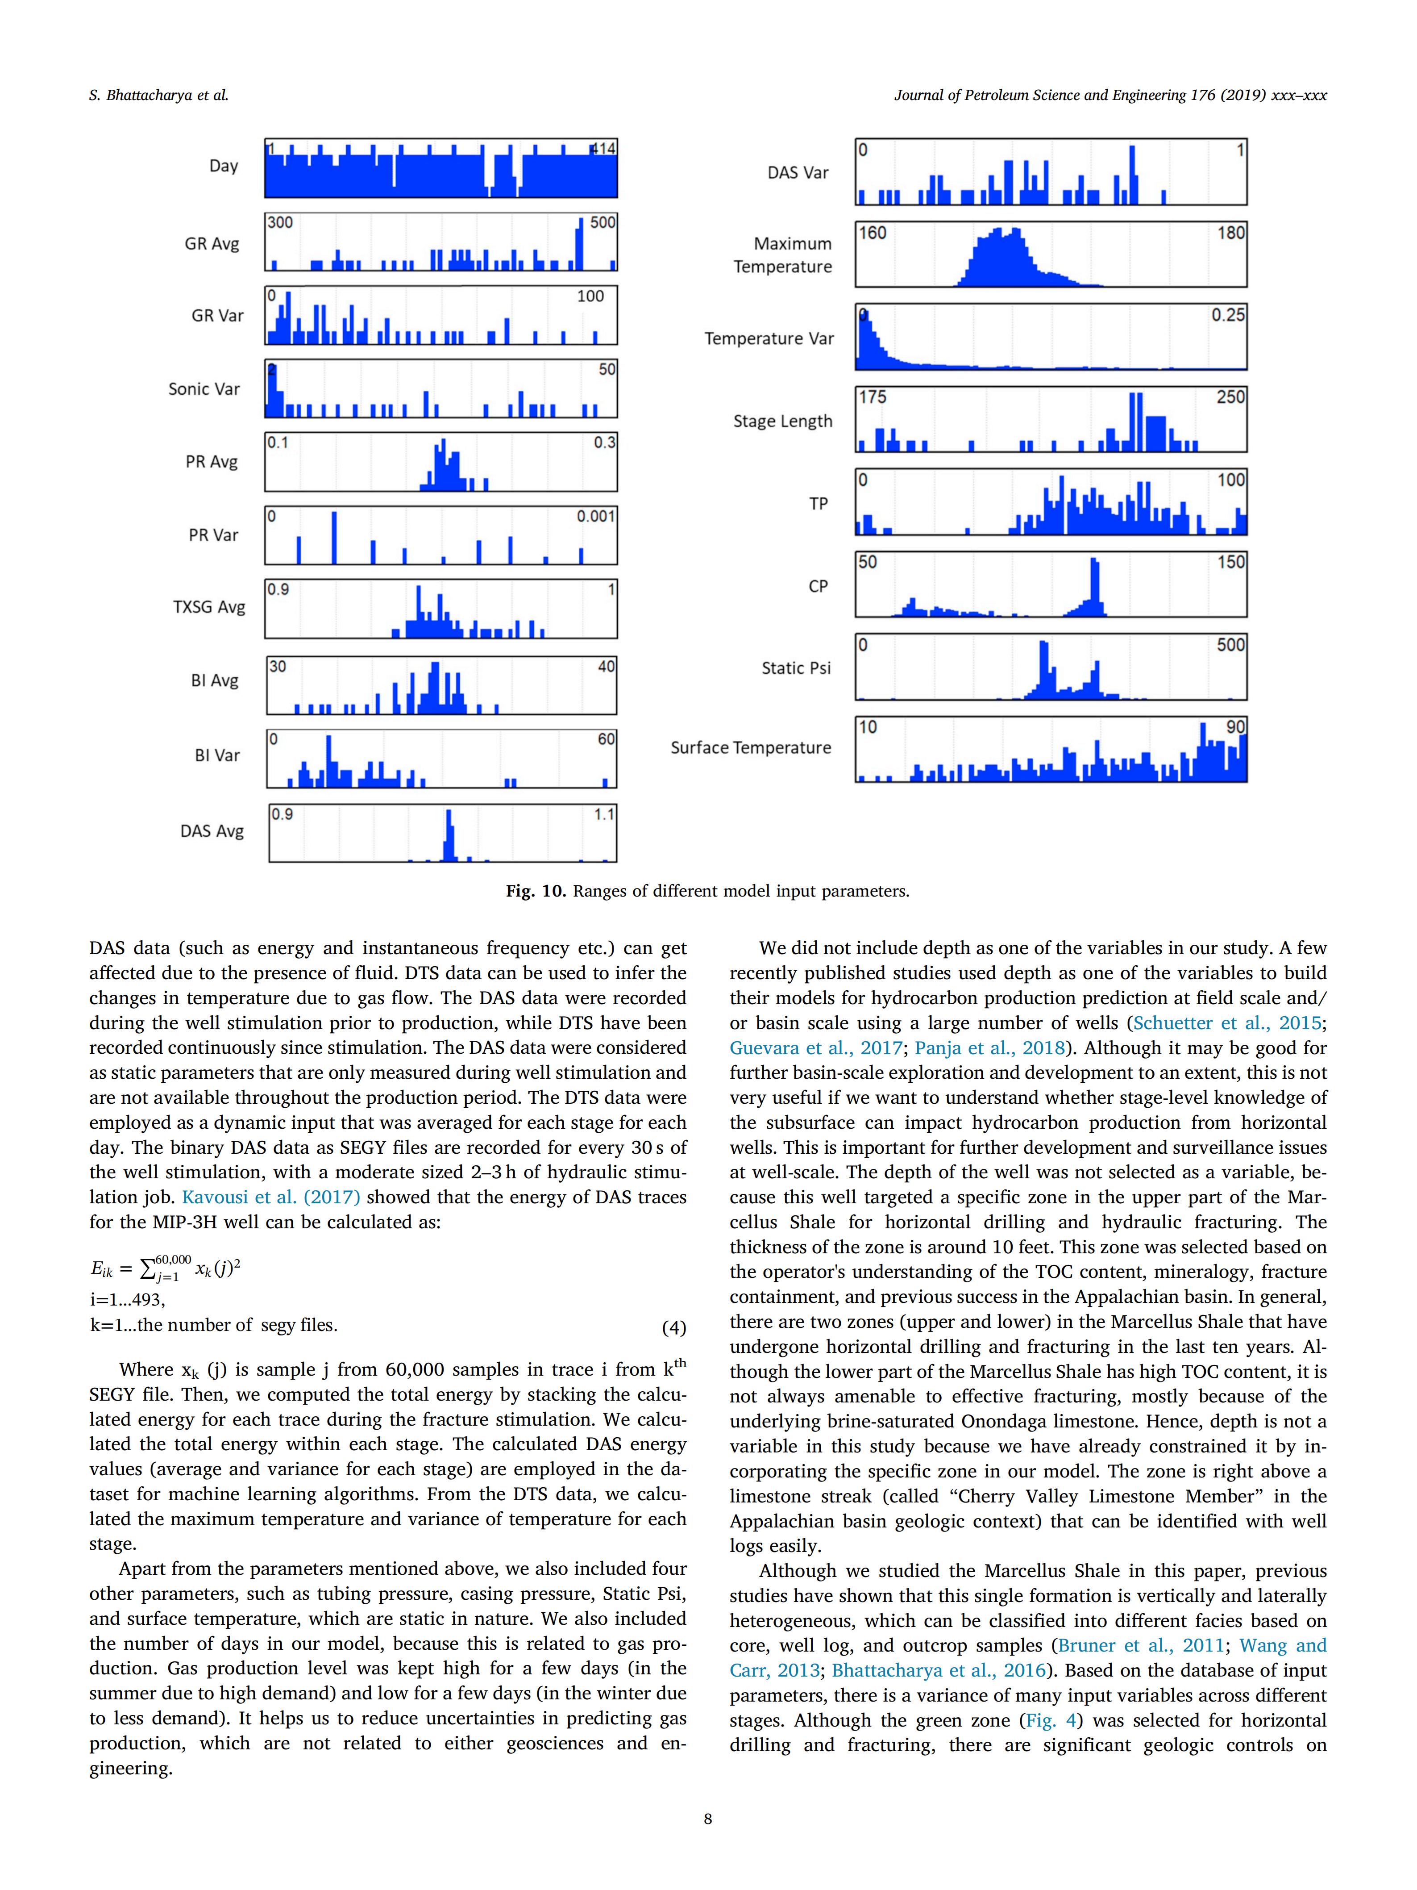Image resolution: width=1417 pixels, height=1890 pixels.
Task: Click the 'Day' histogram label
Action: (x=223, y=166)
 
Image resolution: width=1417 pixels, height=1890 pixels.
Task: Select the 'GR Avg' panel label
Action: (x=212, y=243)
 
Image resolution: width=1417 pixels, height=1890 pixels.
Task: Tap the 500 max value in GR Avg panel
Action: (x=602, y=222)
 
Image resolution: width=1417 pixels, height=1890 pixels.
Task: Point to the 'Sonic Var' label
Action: (x=204, y=389)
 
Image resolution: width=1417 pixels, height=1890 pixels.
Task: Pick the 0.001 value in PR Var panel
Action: (x=595, y=516)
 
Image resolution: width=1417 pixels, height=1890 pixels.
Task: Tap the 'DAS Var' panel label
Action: (x=798, y=173)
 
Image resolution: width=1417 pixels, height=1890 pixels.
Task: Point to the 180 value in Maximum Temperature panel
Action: (x=1231, y=233)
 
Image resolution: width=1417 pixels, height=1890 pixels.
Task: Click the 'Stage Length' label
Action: (x=782, y=421)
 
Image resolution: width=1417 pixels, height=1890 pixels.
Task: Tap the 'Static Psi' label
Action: (x=796, y=668)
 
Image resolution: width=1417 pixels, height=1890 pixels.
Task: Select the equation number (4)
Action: (x=674, y=1327)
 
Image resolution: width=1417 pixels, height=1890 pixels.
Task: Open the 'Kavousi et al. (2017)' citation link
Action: (x=271, y=1197)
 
